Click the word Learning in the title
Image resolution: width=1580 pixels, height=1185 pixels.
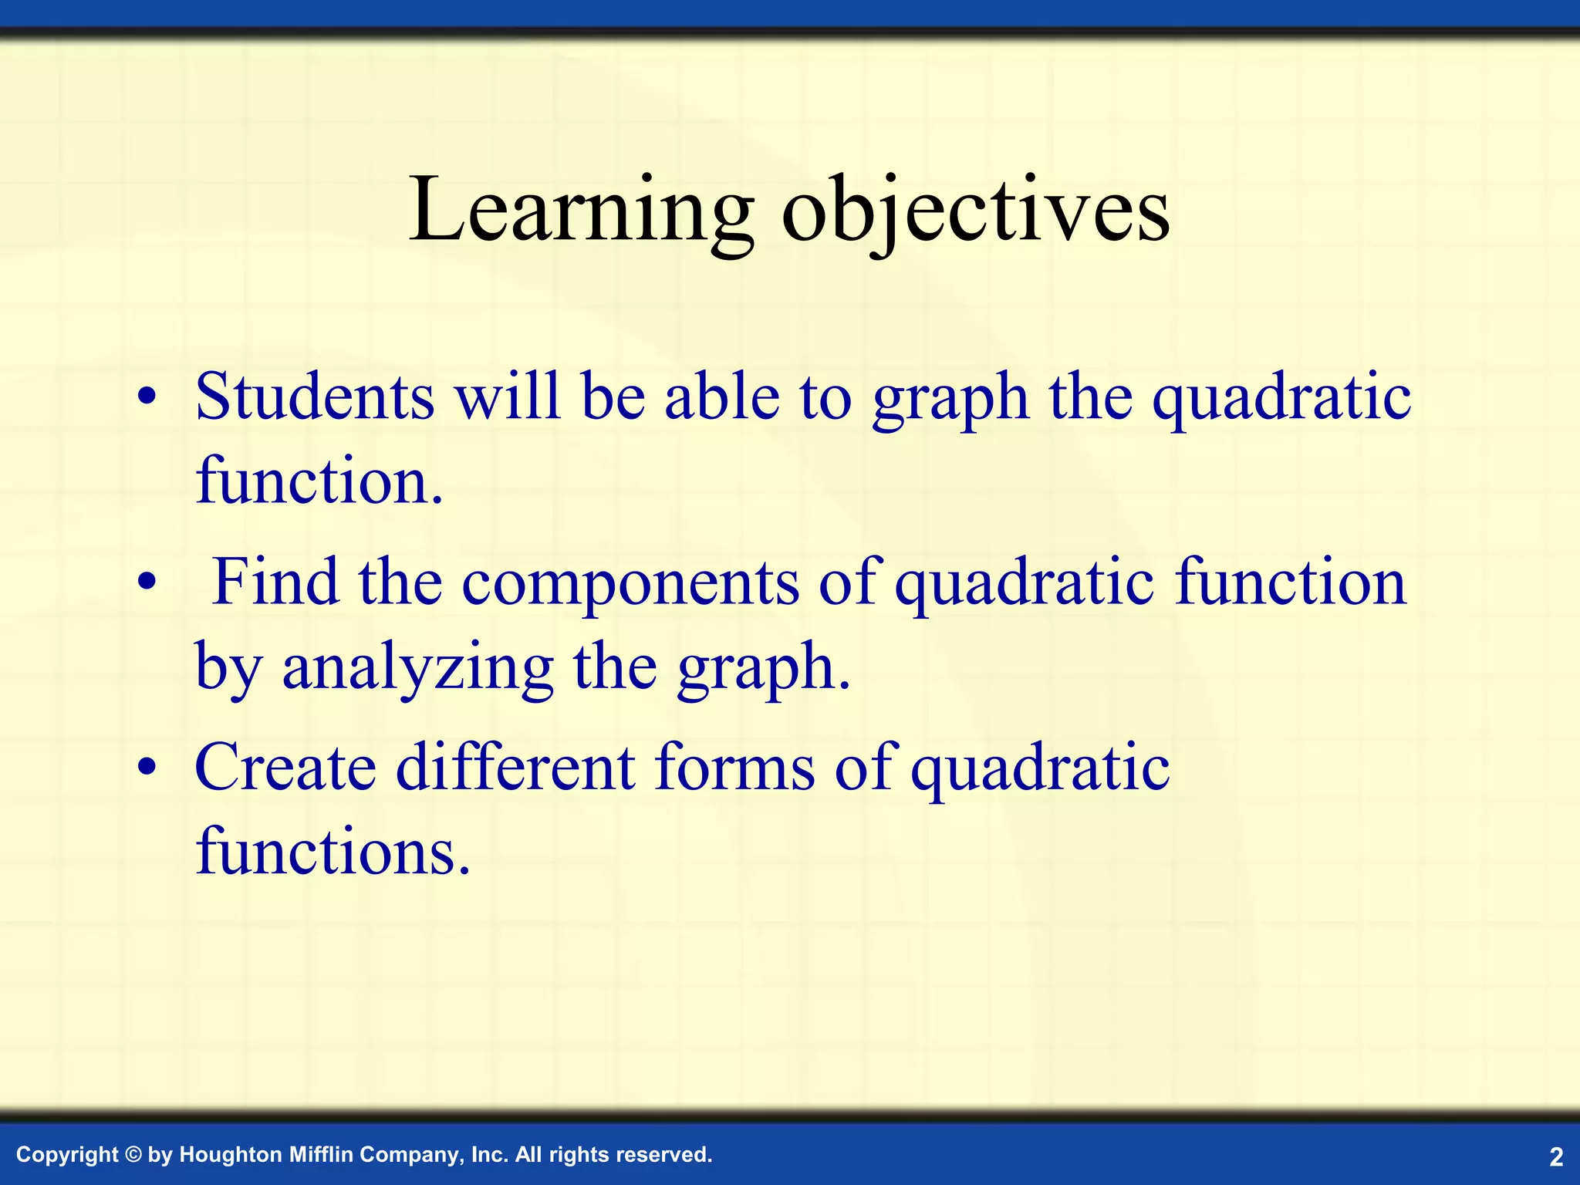click(581, 210)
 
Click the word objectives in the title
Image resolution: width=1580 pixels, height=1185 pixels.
click(975, 210)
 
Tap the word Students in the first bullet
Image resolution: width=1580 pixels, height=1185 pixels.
click(315, 397)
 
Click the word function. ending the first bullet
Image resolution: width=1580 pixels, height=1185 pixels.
click(319, 481)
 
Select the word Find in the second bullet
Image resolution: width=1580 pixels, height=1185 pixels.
click(275, 582)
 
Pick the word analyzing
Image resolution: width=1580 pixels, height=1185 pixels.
click(417, 668)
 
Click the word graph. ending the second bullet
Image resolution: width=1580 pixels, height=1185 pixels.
click(764, 668)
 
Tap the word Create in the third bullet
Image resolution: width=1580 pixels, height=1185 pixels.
click(285, 768)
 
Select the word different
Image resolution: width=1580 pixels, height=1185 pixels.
click(516, 768)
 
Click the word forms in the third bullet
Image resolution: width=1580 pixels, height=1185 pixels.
click(734, 768)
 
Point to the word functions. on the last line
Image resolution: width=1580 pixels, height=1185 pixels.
click(333, 852)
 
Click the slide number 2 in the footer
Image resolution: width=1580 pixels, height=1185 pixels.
click(1555, 1156)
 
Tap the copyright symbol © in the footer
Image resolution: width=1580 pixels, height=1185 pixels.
click(133, 1155)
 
